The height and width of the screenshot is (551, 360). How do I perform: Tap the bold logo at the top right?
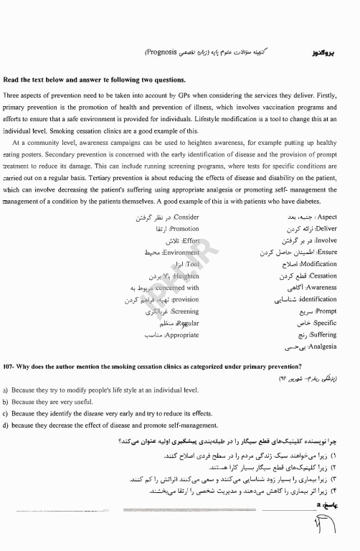(x=324, y=53)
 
